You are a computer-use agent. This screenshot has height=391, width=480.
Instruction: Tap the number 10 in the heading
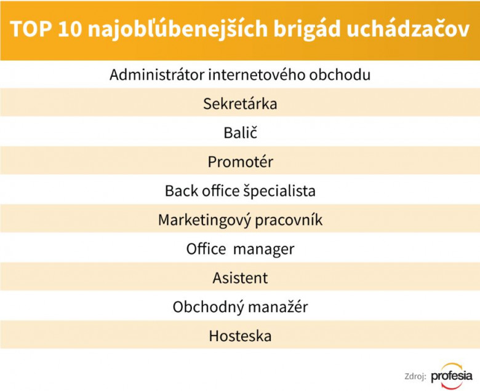70,30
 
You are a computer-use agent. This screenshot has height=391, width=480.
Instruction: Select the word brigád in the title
306,30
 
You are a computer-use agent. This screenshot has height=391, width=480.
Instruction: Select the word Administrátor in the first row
157,74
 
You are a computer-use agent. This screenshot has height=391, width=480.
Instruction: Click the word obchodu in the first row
340,74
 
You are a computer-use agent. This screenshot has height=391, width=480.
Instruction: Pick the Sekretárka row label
240,104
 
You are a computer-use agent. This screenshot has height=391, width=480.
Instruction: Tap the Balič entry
240,132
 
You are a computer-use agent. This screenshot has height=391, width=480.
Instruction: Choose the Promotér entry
240,162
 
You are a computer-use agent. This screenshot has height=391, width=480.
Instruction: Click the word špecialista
279,191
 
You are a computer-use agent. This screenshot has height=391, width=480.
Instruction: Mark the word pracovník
289,221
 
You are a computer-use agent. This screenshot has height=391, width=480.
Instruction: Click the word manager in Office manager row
263,250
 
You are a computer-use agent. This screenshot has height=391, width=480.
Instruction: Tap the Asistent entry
240,278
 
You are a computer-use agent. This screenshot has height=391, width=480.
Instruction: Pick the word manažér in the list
278,307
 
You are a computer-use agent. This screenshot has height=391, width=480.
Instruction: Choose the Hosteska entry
240,336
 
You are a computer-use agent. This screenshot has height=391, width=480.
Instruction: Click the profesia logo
452,376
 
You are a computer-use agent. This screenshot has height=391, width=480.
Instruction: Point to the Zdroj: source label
415,377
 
